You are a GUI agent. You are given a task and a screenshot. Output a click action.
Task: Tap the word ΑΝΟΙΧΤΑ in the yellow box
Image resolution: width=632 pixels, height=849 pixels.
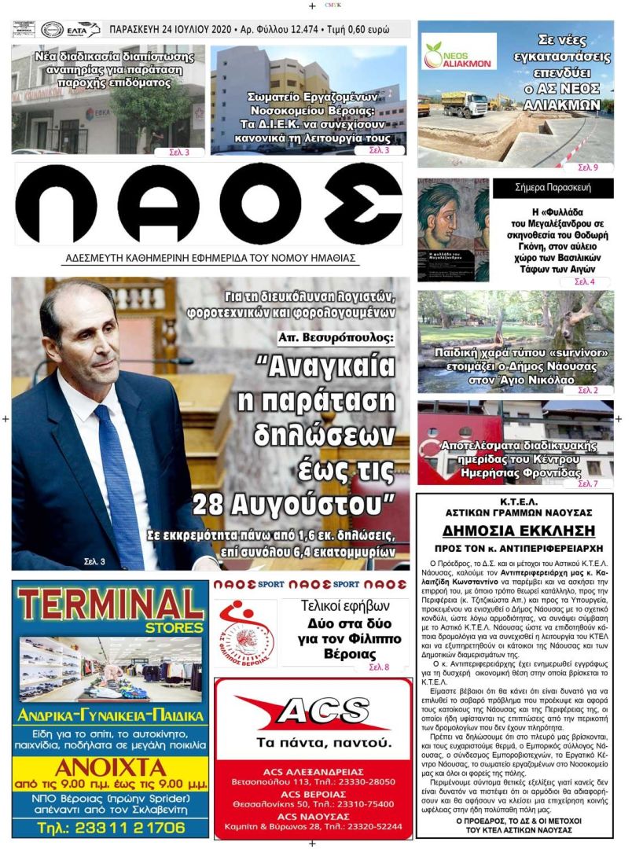pos(110,767)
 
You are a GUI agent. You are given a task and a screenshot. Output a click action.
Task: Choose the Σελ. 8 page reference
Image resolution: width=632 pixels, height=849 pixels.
pos(378,667)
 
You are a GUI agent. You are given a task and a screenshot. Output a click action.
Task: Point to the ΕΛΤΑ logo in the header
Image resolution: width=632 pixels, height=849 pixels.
pos(83,30)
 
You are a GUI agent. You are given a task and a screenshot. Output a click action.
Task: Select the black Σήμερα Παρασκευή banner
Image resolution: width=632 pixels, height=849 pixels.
pos(553,188)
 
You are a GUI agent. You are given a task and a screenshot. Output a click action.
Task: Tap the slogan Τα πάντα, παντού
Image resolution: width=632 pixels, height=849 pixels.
pos(314,743)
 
